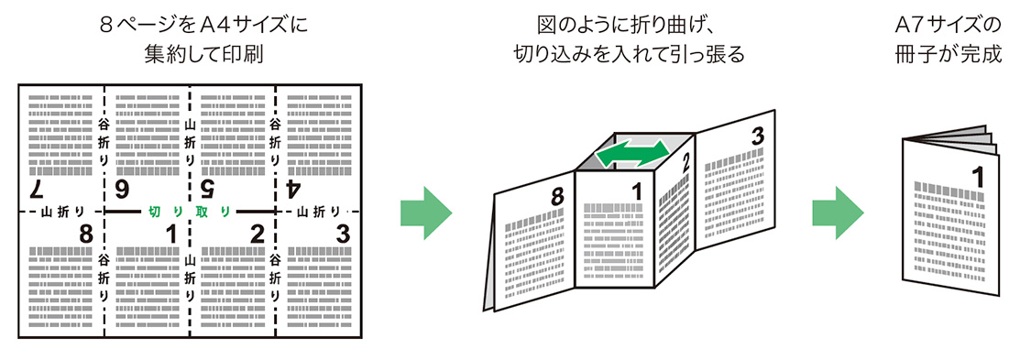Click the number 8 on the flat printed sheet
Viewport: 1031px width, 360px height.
click(x=87, y=234)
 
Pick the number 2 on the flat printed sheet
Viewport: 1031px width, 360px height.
click(x=257, y=234)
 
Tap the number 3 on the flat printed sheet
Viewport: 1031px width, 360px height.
click(x=343, y=234)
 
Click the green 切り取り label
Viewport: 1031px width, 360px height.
click(x=190, y=212)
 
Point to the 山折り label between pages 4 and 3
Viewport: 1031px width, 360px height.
click(x=318, y=212)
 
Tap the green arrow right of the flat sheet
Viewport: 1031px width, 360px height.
click(x=426, y=213)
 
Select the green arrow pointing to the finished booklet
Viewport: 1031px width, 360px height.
click(x=838, y=213)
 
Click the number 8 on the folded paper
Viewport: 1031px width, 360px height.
click(x=557, y=196)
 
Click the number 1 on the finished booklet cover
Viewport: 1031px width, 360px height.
click(x=979, y=178)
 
